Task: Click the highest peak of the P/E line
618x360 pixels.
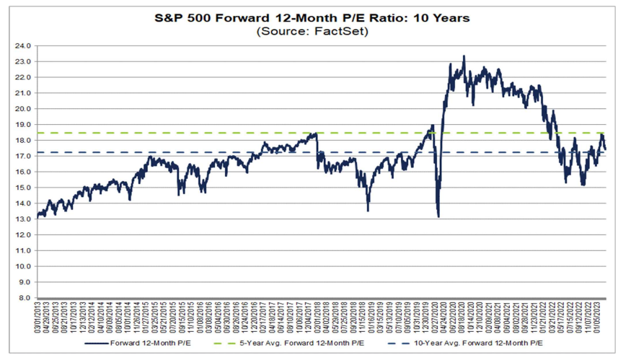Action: coord(464,56)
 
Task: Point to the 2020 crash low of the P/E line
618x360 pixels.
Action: coord(438,216)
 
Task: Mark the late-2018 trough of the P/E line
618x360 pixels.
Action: coord(368,210)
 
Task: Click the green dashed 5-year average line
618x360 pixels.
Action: coord(216,133)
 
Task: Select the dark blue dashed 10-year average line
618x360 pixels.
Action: coord(216,152)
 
